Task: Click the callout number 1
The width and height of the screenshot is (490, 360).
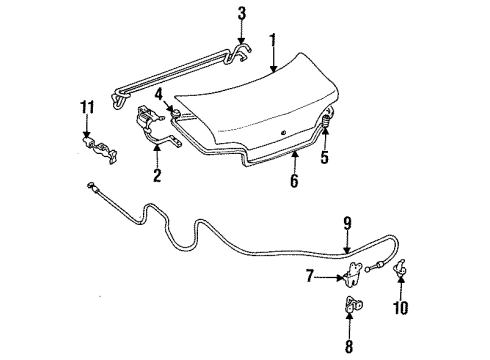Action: click(x=272, y=41)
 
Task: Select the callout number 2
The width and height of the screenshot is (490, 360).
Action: click(x=156, y=177)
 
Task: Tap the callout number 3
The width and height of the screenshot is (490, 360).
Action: click(x=241, y=13)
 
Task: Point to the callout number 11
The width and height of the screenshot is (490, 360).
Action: click(x=85, y=107)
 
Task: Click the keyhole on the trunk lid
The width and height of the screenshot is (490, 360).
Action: click(x=283, y=132)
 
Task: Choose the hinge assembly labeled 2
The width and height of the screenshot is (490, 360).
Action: click(x=150, y=125)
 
